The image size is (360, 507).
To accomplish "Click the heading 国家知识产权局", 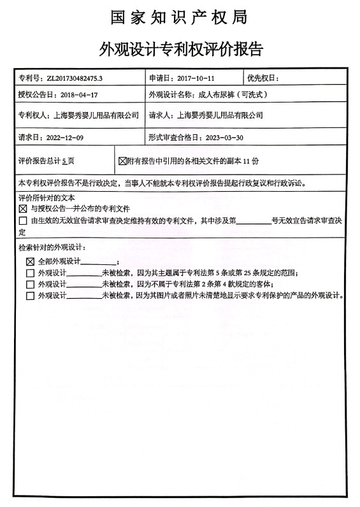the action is click(180, 17).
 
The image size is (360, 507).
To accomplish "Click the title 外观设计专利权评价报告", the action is click(180, 48).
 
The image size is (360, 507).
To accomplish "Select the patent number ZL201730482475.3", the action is click(74, 78).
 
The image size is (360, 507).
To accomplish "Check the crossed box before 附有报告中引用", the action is click(123, 161).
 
